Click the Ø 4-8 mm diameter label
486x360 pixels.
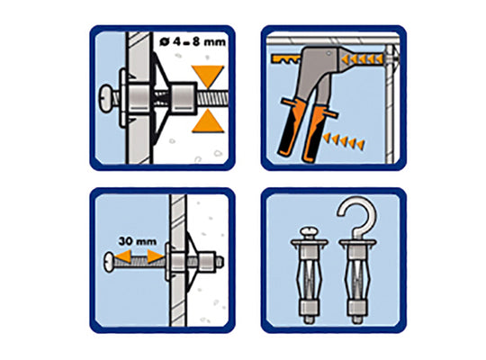pyautogui.click(x=193, y=42)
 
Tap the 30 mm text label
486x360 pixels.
pyautogui.click(x=138, y=241)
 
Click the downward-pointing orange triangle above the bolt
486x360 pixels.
pyautogui.click(x=207, y=76)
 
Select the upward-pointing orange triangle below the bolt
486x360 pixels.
pyautogui.click(x=207, y=121)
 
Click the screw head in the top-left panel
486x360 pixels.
pyautogui.click(x=106, y=98)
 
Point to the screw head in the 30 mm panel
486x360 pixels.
pyautogui.click(x=110, y=262)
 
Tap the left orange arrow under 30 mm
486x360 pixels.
pyautogui.click(x=123, y=256)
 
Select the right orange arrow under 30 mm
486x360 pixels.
pyautogui.click(x=156, y=256)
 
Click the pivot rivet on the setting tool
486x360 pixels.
pyautogui.click(x=328, y=54)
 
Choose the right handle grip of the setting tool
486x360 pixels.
pyautogui.click(x=315, y=131)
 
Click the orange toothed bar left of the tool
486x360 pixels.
pyautogui.click(x=285, y=58)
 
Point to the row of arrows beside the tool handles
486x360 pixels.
pyautogui.click(x=344, y=141)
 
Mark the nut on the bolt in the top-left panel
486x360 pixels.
pyautogui.click(x=184, y=97)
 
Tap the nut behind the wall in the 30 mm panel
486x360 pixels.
pyautogui.click(x=206, y=261)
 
